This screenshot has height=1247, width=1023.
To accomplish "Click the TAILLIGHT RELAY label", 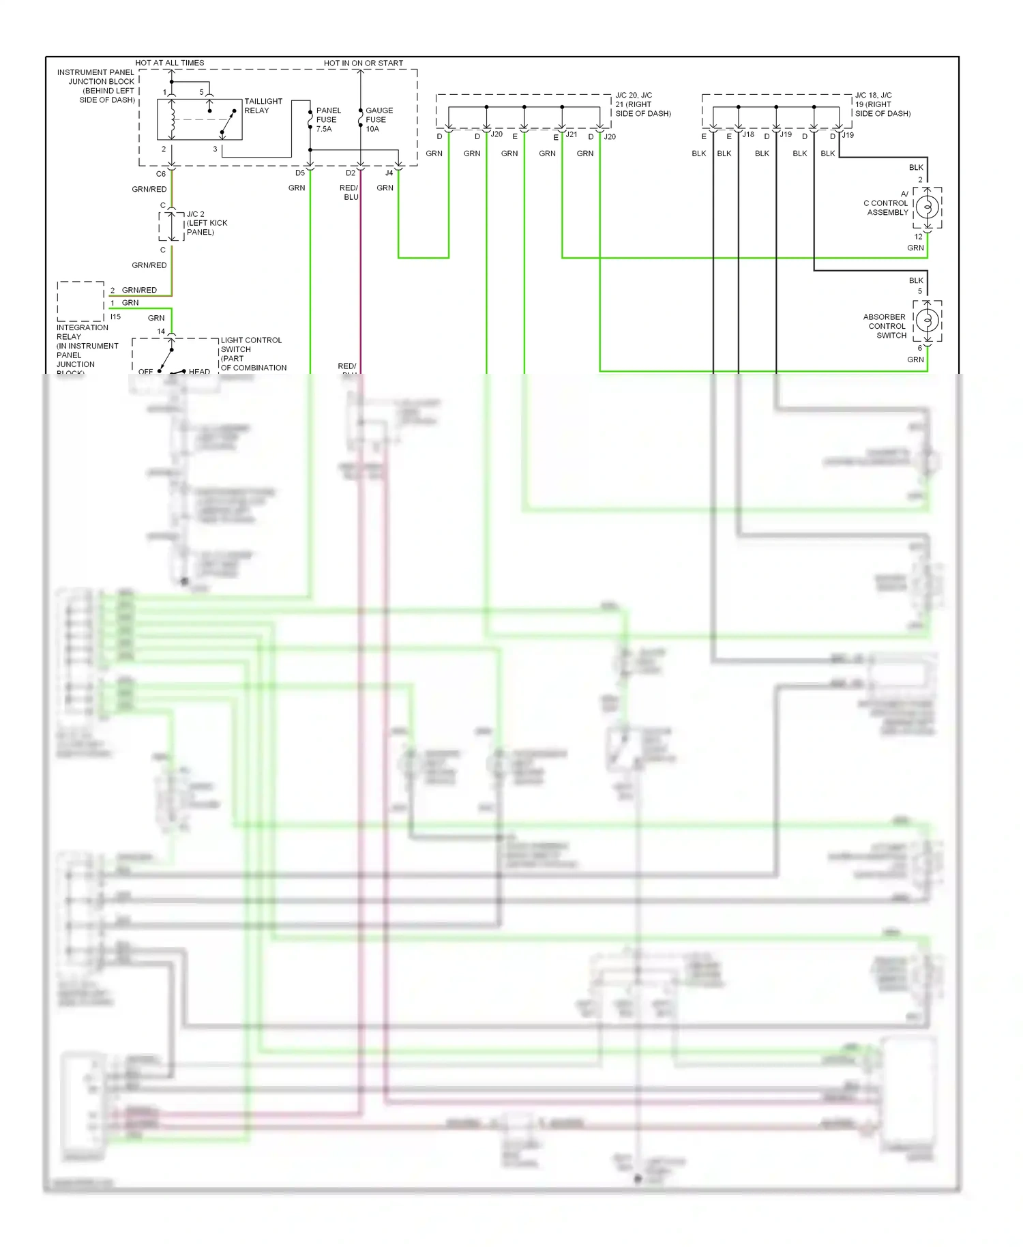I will coord(263,106).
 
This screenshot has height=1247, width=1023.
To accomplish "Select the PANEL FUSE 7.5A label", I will coord(328,119).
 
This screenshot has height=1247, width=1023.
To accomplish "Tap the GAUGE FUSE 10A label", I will coord(379,119).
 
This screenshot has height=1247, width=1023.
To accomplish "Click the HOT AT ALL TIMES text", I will coord(170,63).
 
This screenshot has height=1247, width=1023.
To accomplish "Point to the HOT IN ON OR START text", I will coord(363,63).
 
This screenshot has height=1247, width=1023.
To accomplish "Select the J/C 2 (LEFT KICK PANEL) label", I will coord(206,223).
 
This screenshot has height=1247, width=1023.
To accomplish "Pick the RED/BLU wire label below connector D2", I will coord(349,192).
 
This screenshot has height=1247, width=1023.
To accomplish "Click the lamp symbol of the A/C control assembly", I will coord(927,207).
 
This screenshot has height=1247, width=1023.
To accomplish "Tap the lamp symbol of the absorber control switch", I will coord(927,320).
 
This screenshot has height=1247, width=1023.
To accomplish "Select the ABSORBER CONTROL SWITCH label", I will coord(885,326).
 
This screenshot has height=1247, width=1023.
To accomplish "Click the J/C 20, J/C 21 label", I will coord(642,104).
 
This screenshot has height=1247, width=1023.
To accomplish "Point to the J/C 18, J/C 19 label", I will coord(882,104).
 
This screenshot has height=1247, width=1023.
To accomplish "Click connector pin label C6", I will coord(160,174).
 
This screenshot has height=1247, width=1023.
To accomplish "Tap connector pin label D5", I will coord(300,173).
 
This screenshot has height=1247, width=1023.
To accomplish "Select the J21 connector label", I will coord(572,135).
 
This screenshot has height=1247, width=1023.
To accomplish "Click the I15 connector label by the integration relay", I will coord(115,317).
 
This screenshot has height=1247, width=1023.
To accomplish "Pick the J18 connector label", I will coord(748,135).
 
